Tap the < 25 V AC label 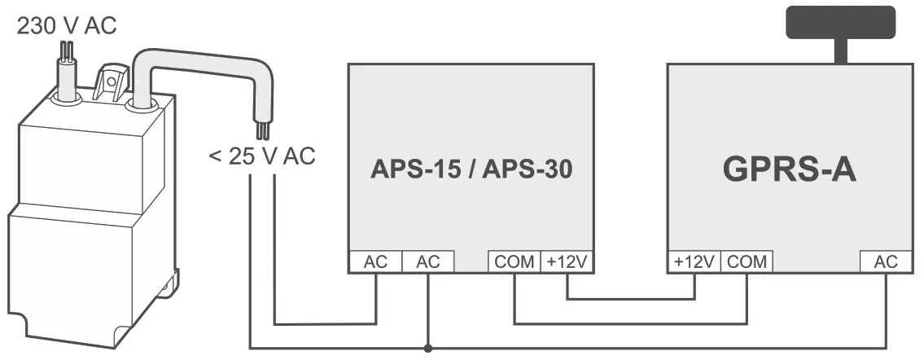[x=261, y=156]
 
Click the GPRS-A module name [x=789, y=170]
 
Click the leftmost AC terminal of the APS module [x=375, y=262]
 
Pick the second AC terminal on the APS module [x=427, y=262]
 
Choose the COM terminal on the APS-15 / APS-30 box [x=515, y=262]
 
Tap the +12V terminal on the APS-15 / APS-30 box [x=567, y=262]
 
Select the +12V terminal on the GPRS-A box [x=694, y=262]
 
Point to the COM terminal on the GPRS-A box [x=747, y=262]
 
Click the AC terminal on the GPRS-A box [x=886, y=262]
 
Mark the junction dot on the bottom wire [x=427, y=349]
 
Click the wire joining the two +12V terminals [x=631, y=299]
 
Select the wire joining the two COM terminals [x=631, y=324]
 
